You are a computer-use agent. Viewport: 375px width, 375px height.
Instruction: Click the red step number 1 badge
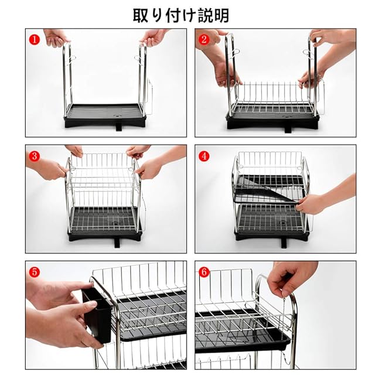coord(35,39)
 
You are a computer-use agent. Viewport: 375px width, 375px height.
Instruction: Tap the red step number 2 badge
coord(204,39)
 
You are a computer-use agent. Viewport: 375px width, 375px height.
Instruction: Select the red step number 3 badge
coord(35,156)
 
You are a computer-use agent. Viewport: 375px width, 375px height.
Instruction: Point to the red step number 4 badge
coord(204,156)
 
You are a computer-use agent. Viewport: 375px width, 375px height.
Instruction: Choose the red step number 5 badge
coord(35,272)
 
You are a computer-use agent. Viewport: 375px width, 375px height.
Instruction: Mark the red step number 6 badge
coord(204,272)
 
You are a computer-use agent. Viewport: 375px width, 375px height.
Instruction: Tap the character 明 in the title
coord(221,16)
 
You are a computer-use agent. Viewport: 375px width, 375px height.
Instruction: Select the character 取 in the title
coord(141,16)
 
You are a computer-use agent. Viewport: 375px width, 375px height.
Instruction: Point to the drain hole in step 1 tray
coord(118,115)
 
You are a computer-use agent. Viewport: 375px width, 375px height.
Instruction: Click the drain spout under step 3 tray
coord(117,244)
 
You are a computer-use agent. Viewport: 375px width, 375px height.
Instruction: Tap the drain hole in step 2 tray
coord(287,117)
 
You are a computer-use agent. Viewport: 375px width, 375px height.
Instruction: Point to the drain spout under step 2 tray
coord(288,129)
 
